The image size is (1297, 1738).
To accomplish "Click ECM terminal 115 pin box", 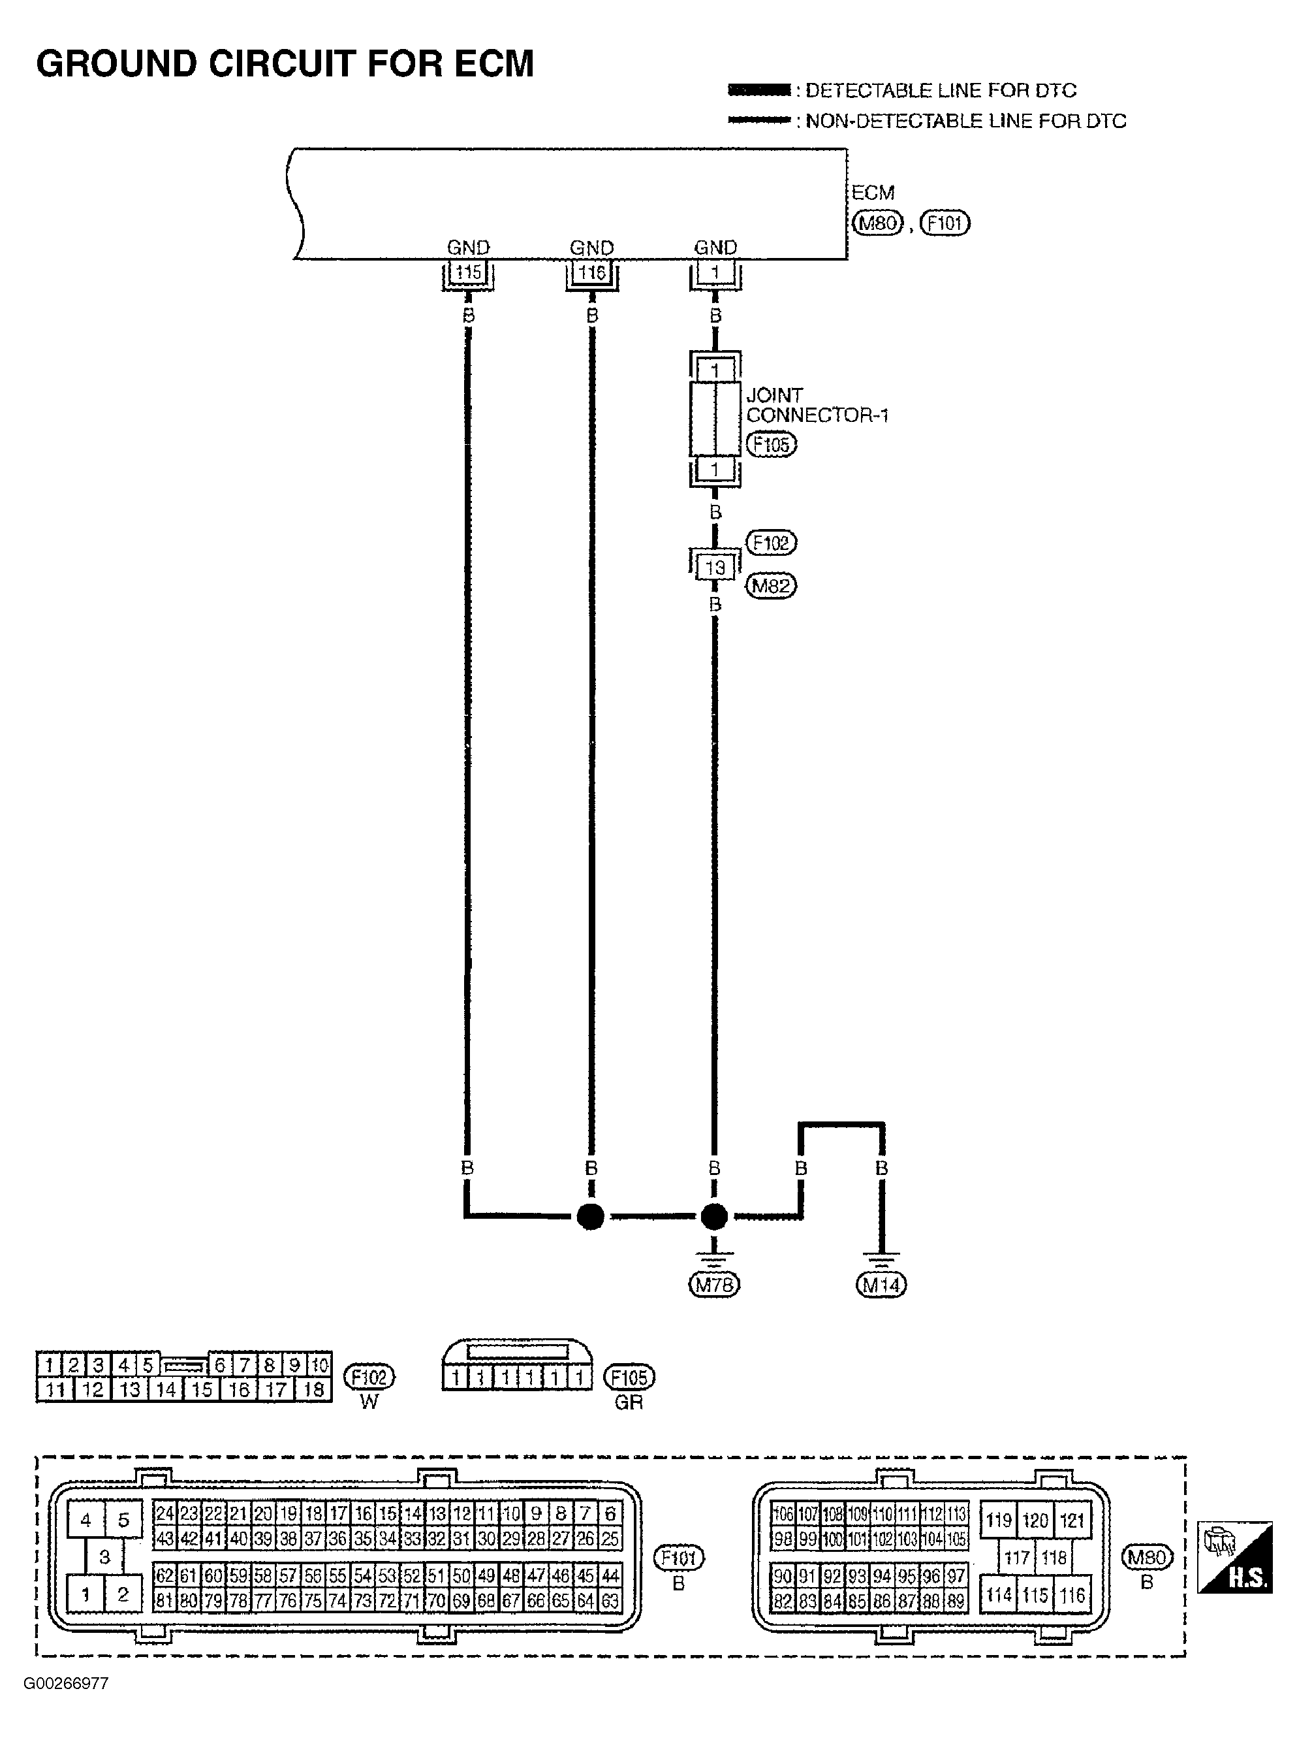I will point(468,272).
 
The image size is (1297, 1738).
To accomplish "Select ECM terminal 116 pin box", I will point(592,272).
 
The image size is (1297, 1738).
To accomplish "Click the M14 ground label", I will point(881,1285).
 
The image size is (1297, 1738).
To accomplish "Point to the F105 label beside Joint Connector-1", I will point(771,445).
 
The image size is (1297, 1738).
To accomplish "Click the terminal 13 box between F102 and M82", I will point(715,567).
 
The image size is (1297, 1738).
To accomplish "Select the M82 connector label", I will point(771,586).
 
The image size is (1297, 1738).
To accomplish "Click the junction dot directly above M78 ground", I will point(713,1217).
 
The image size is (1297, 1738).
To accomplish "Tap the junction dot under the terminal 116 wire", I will point(590,1217).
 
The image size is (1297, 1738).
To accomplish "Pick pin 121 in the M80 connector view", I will point(1072,1521).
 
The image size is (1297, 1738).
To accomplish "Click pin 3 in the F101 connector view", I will point(104,1556).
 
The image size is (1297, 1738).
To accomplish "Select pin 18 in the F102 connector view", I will point(313,1390).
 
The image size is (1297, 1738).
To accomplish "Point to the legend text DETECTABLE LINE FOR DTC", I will point(941,90).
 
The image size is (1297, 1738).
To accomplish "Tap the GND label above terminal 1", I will point(715,248).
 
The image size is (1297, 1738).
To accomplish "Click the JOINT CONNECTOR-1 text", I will point(816,405).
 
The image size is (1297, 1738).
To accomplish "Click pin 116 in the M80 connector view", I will point(1072,1595).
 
